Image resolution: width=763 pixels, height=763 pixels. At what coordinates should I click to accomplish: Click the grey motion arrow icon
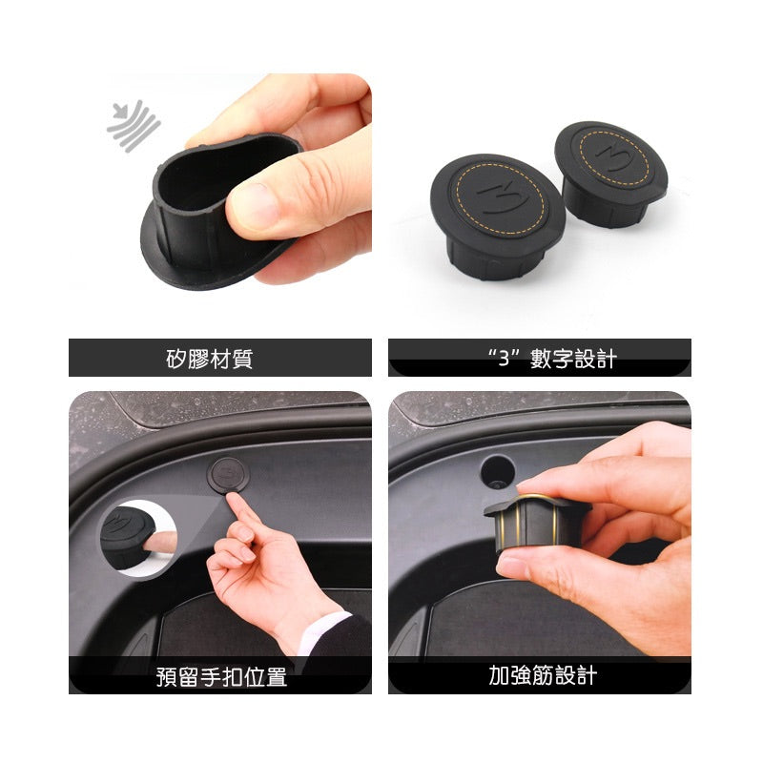[x=133, y=125]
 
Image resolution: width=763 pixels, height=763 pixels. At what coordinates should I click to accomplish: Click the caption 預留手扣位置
[x=221, y=677]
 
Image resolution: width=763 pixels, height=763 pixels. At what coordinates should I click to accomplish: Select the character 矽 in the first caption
[x=174, y=359]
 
